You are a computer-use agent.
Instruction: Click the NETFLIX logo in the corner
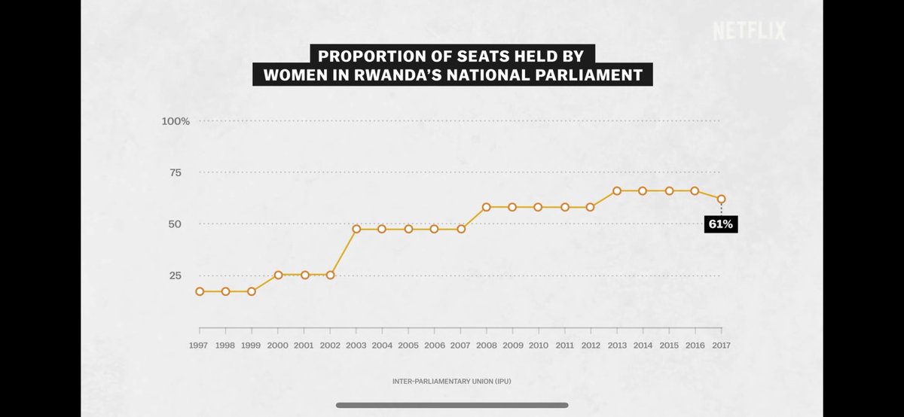tap(749, 31)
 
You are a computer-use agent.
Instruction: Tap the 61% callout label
tap(720, 224)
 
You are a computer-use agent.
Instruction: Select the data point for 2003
tap(356, 229)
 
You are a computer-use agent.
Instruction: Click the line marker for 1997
tap(200, 291)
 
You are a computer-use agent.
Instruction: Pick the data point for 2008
tap(487, 207)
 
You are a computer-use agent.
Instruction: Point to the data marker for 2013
tap(617, 191)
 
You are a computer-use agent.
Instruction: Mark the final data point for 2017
tap(722, 199)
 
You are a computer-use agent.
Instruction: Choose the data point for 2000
tap(278, 275)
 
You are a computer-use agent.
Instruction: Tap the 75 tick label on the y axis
tap(175, 172)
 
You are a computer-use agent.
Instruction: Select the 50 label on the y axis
tap(175, 224)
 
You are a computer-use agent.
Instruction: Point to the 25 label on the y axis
tap(175, 275)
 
